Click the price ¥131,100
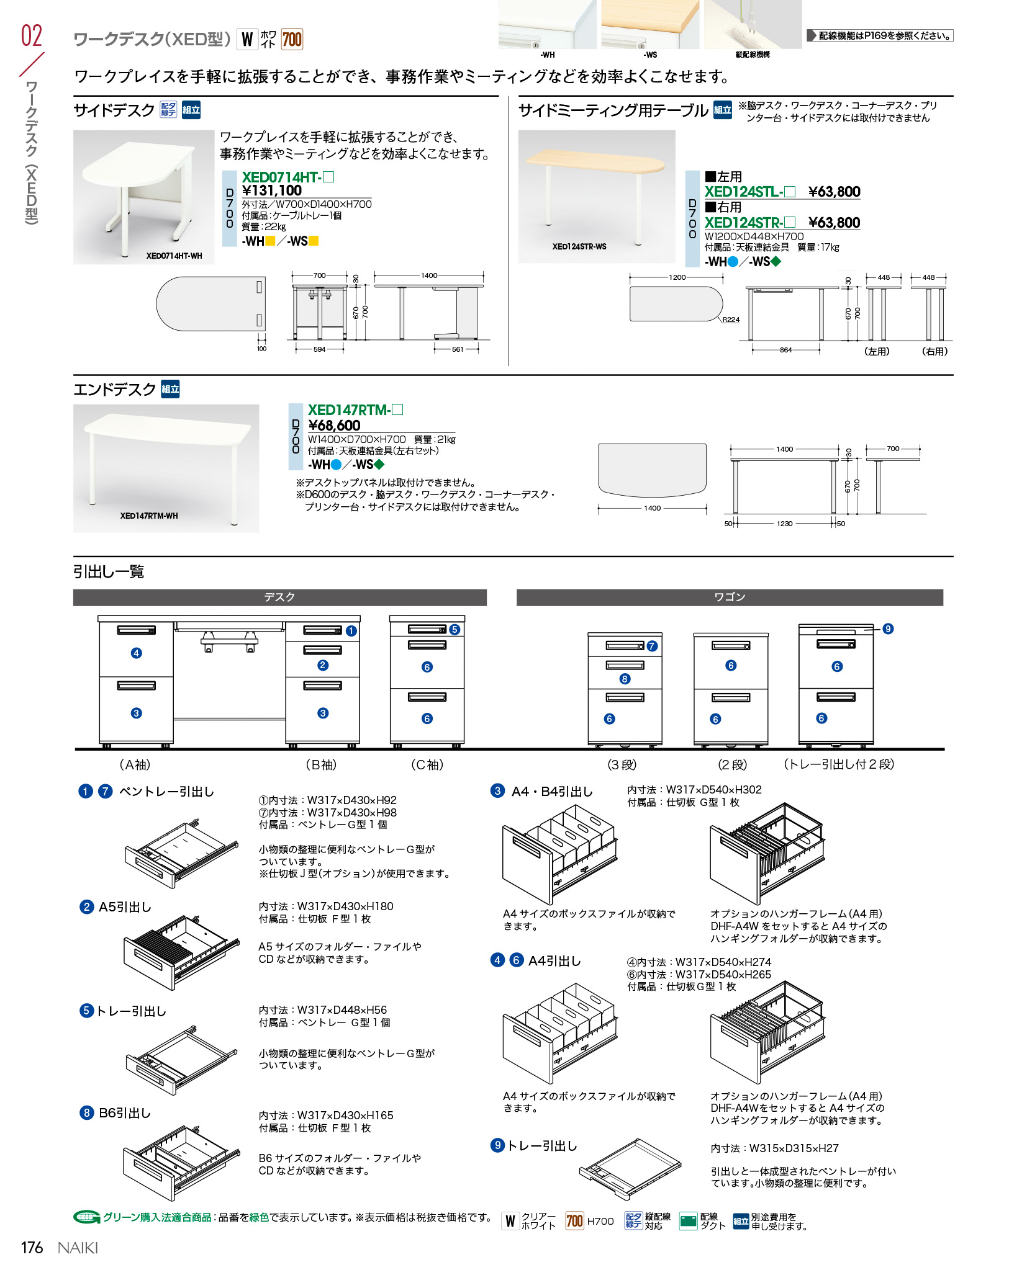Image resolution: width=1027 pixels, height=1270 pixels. (271, 191)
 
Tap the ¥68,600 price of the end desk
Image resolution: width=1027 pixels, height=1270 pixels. (334, 426)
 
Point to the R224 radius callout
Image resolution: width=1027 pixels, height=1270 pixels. (731, 320)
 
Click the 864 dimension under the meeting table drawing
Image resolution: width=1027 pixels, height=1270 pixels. (785, 351)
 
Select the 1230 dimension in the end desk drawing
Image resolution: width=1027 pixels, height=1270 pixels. (784, 524)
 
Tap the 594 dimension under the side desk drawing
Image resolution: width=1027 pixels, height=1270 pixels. (319, 349)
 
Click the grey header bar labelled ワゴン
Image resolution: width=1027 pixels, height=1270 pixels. (730, 597)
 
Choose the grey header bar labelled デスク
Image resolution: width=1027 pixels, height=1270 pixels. (279, 597)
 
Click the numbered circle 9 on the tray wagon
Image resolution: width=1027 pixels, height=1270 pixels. (888, 629)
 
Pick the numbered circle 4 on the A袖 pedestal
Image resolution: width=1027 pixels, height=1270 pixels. (137, 653)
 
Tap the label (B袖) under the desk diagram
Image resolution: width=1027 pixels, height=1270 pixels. (321, 765)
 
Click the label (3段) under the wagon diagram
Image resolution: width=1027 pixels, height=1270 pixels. (622, 765)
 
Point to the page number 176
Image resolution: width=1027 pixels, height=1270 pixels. (32, 1248)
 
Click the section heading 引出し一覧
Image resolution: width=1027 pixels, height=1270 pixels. (109, 571)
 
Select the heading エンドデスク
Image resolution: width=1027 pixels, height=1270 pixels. (115, 390)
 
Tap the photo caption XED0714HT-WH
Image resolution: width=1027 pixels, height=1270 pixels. (174, 256)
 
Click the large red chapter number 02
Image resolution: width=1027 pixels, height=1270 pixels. (32, 36)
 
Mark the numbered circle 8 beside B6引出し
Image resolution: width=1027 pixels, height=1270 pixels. (86, 1112)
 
